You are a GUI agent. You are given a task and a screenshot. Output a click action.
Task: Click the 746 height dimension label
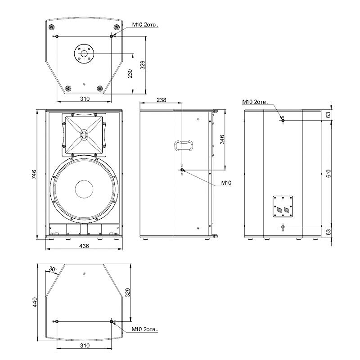pos(34,175)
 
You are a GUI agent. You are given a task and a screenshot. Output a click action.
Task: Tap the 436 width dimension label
pos(84,246)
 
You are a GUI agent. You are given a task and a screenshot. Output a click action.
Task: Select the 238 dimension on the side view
pos(162,100)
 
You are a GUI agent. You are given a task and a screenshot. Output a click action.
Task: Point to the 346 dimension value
pos(222,139)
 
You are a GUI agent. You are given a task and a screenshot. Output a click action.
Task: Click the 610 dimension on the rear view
pos(328,173)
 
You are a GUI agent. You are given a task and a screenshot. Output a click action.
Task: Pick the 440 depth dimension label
pos(35,302)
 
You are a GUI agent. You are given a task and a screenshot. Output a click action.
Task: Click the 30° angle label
pos(53,269)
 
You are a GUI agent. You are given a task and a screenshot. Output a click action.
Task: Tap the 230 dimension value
pos(130,73)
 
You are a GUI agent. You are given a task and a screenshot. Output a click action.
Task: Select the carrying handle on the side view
pos(184,145)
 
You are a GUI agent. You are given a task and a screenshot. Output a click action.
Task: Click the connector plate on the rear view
pos(283,207)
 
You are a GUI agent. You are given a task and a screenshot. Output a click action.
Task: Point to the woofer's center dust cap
pos(84,189)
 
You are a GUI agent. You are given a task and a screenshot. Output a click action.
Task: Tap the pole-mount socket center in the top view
pos(84,54)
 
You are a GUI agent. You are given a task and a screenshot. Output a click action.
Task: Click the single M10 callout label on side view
pos(226,183)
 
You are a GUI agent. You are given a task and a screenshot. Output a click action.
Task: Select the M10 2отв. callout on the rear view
pos(255,102)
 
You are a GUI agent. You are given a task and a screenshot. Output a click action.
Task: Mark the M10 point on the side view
pos(182,170)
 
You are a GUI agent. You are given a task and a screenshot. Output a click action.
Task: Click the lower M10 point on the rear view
pos(283,227)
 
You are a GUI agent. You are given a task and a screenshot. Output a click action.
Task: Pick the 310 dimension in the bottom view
pos(85,345)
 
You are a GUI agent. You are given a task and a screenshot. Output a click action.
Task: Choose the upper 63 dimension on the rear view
pos(328,114)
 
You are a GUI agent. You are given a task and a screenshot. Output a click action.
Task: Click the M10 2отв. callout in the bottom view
pos(145,329)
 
